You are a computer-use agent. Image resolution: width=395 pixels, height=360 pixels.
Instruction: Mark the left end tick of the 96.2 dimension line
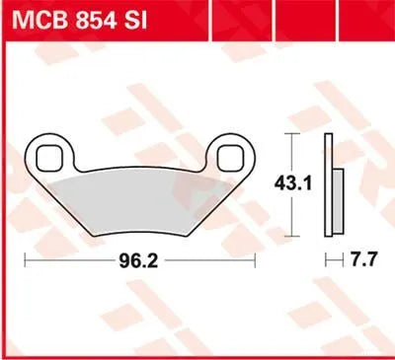pyautogui.click(x=25, y=261)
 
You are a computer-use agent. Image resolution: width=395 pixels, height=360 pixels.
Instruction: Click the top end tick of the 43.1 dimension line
pyautogui.click(x=293, y=132)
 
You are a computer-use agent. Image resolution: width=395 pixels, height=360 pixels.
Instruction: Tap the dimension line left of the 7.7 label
pyautogui.click(x=333, y=261)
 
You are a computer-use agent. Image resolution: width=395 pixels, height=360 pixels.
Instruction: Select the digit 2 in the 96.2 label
pyautogui.click(x=156, y=261)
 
